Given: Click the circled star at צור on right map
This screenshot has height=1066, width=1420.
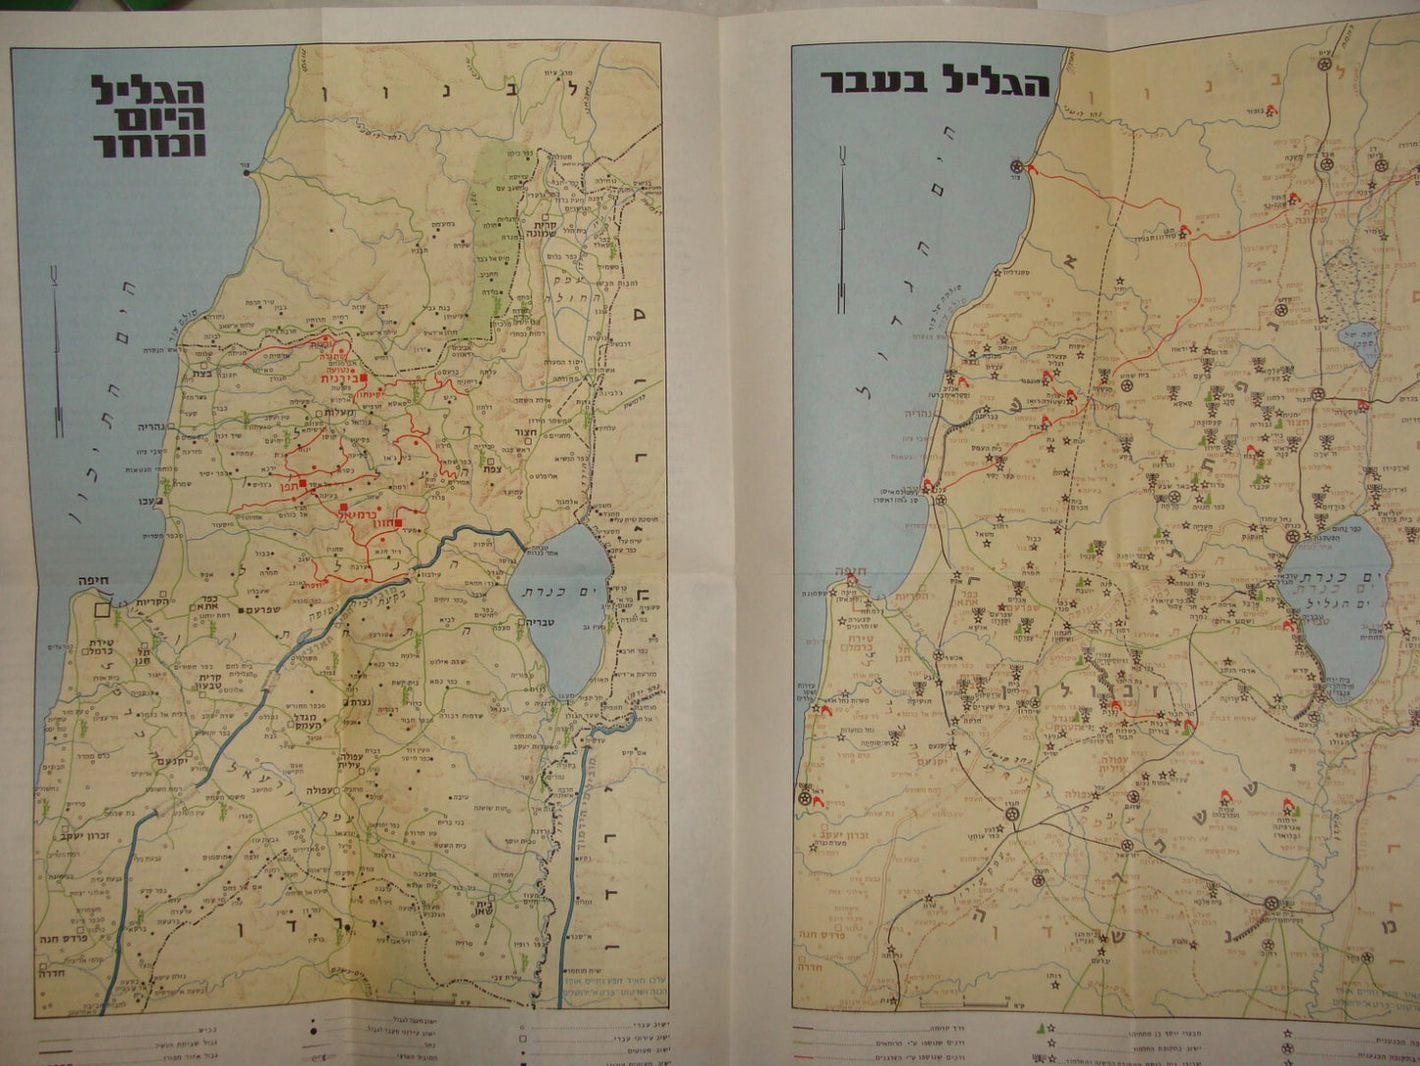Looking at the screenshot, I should [1016, 164].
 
